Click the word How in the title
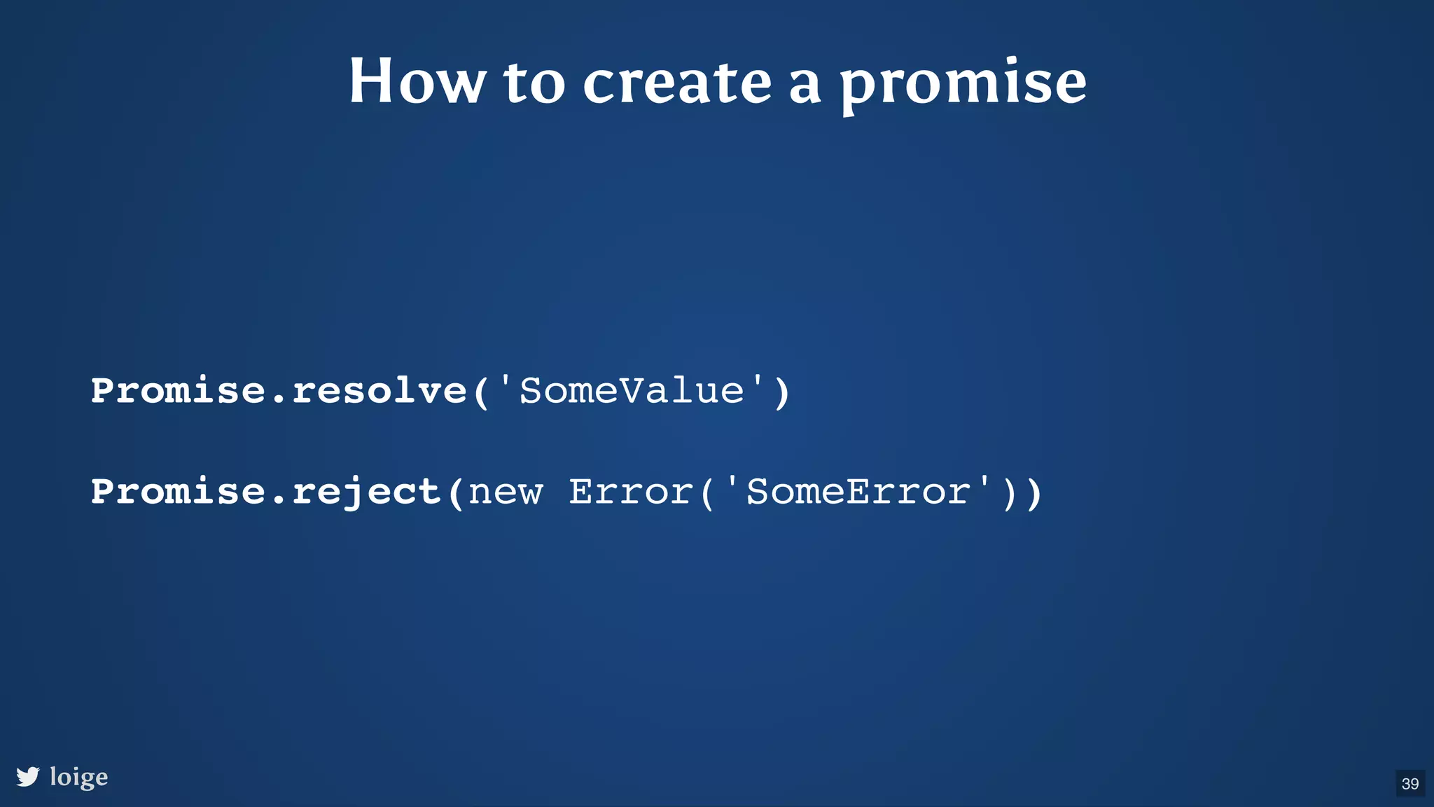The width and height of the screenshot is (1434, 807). pos(417,82)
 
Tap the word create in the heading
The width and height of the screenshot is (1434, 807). pos(677,82)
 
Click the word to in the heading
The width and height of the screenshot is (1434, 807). pos(534,82)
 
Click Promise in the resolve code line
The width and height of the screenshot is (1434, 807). pos(179,390)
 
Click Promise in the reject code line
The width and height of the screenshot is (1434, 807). pos(179,491)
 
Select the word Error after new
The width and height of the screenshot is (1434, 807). pos(631,491)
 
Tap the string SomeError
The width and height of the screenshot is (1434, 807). pos(858,491)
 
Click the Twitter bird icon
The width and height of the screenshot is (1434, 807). pos(28,776)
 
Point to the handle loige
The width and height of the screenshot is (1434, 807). pos(79,777)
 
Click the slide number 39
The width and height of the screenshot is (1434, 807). pos(1410,783)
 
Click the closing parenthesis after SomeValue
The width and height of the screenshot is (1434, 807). pos(782,392)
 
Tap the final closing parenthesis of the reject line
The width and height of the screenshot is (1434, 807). pos(1034,492)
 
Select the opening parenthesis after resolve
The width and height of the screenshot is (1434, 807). pos(481,392)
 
